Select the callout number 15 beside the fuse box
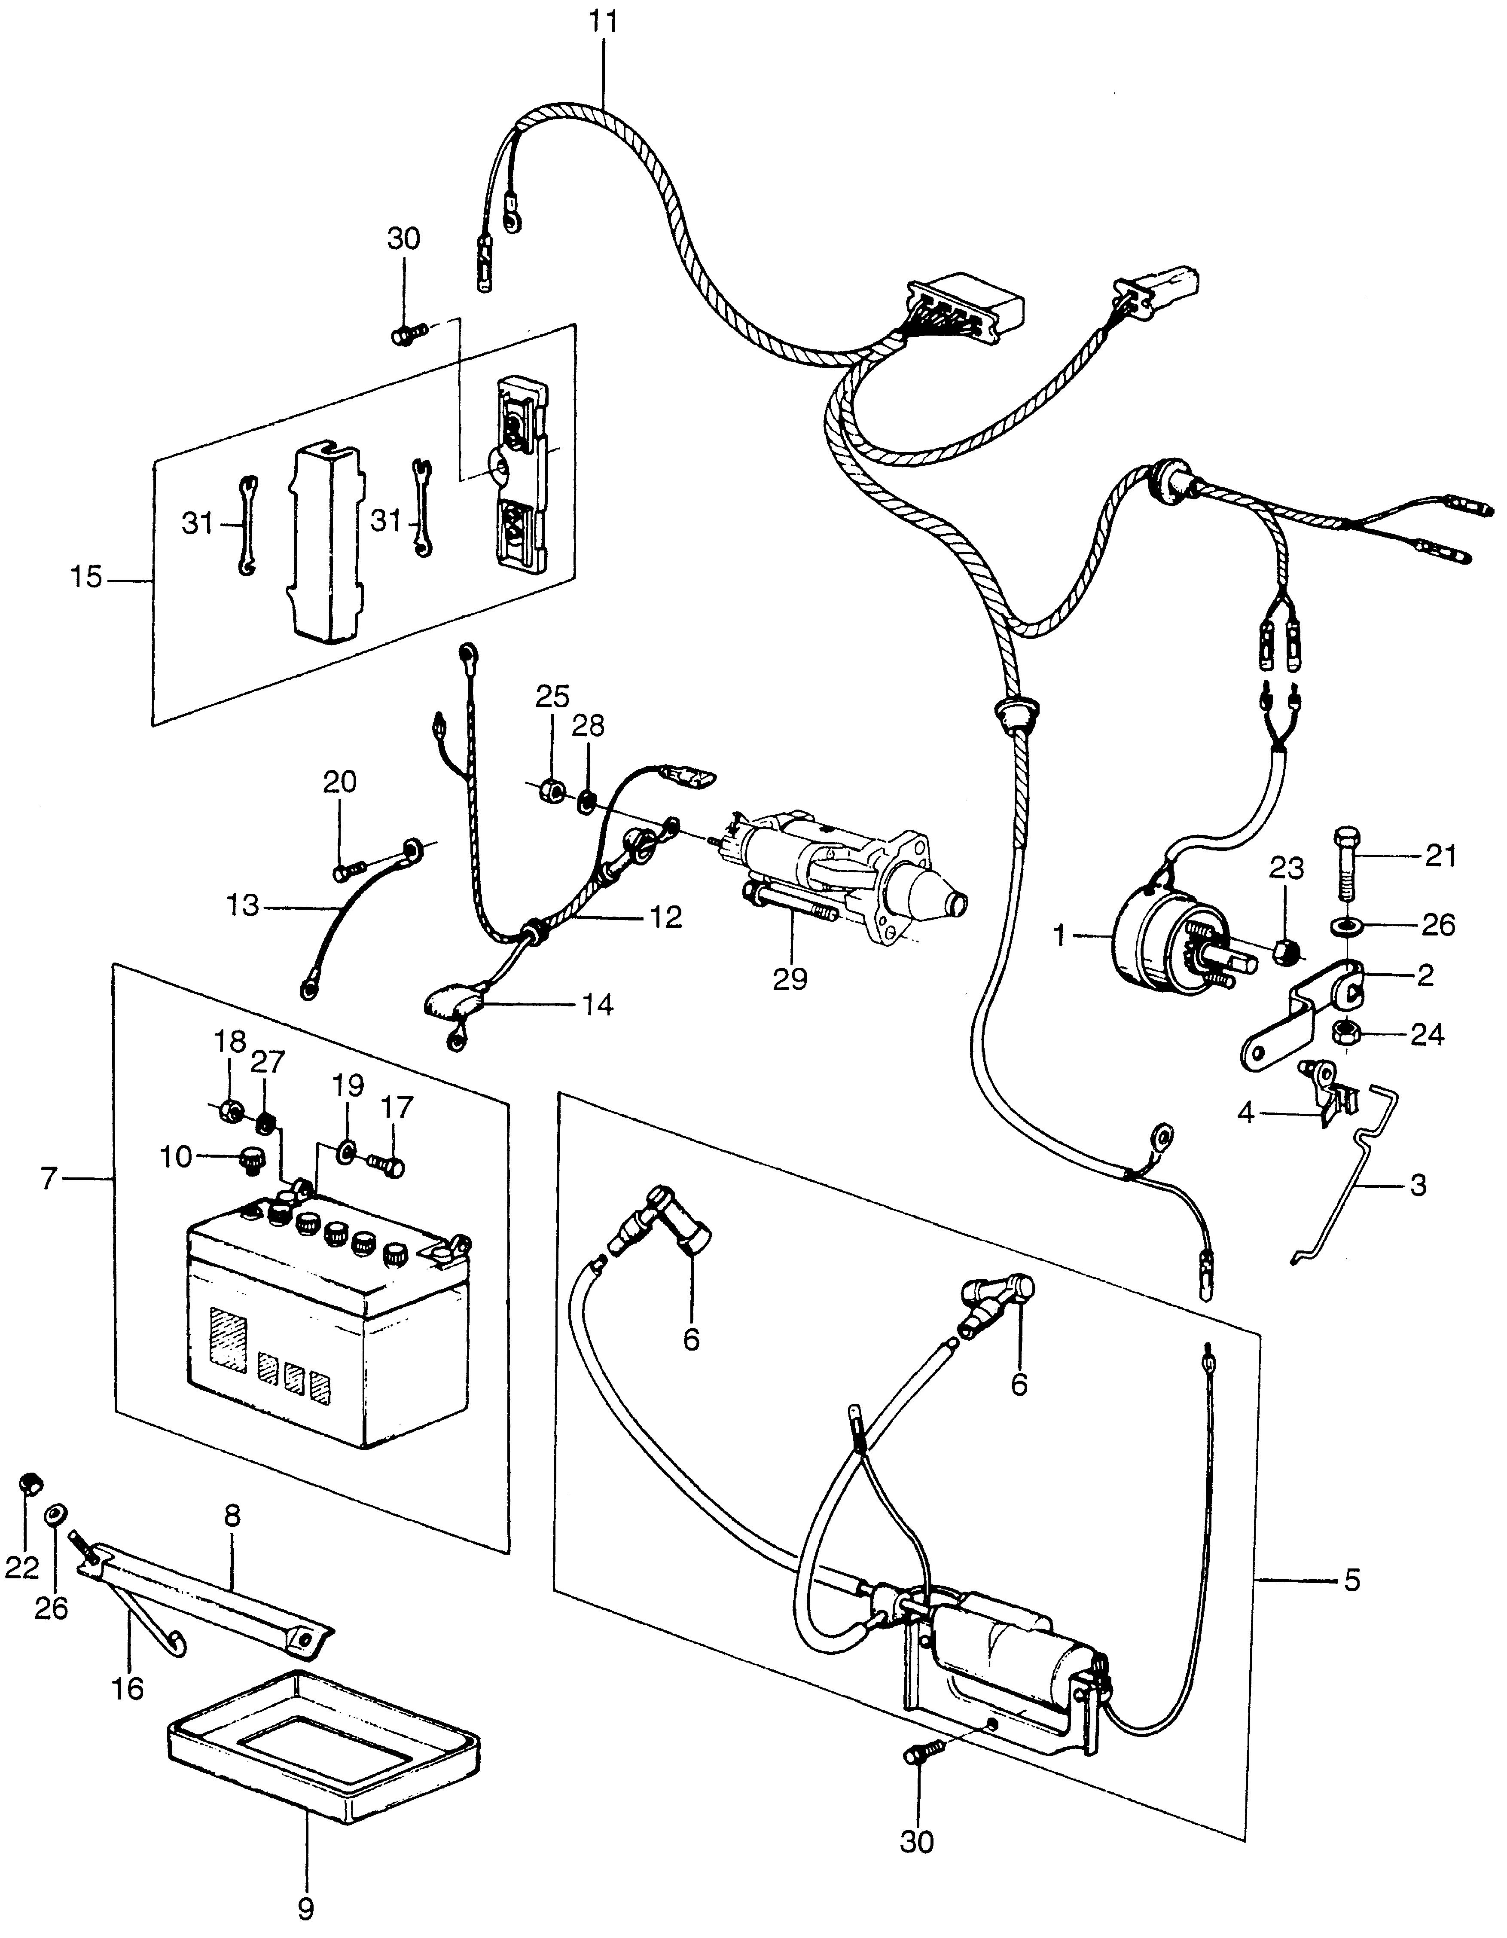click(x=86, y=579)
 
